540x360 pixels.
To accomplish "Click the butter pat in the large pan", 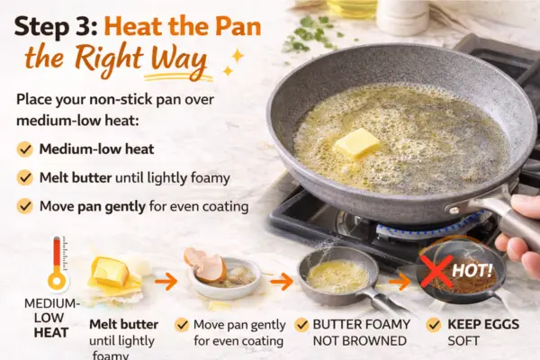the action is (x=357, y=143).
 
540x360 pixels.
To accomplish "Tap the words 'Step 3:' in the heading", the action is (x=56, y=27).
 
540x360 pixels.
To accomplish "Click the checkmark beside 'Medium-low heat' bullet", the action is (x=25, y=149).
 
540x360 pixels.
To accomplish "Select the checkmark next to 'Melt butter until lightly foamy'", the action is (x=25, y=178).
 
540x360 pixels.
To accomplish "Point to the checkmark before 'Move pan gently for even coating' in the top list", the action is (x=25, y=206).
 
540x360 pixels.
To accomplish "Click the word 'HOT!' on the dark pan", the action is (x=472, y=270).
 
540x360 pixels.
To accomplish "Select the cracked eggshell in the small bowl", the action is (x=206, y=265).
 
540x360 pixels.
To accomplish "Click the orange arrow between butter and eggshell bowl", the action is (x=166, y=281).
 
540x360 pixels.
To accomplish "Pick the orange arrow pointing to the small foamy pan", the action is (x=281, y=281).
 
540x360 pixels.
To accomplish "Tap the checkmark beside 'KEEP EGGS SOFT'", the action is (x=434, y=325).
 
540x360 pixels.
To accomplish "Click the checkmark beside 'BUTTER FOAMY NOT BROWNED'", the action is (x=301, y=325).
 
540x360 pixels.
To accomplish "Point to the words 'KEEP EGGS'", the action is (x=483, y=325).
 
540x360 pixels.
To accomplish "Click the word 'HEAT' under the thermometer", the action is (x=51, y=333).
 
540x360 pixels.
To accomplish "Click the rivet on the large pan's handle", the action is (x=452, y=209).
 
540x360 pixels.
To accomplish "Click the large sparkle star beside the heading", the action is (x=238, y=57).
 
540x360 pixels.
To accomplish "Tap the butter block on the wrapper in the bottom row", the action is (x=111, y=272).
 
